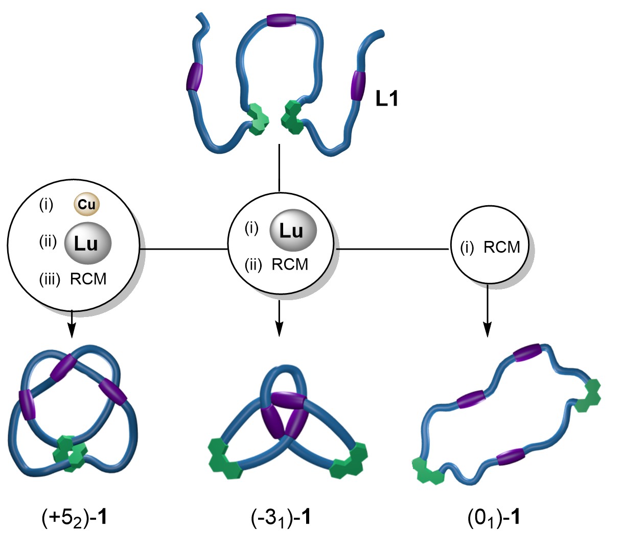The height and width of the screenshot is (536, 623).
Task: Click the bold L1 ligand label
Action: [x=386, y=99]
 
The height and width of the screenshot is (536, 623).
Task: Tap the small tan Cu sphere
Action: [x=86, y=205]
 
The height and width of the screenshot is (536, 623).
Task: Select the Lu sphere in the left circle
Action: [x=87, y=243]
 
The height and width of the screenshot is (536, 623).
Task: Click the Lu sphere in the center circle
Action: [x=293, y=231]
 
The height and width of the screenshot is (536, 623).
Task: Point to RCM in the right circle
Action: [x=501, y=247]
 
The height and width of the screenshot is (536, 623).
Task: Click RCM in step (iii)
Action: [x=88, y=279]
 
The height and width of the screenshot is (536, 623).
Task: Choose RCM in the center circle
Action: [x=290, y=264]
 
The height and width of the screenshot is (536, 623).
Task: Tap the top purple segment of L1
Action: [x=281, y=21]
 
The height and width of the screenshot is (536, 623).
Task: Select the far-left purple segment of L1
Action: [x=195, y=77]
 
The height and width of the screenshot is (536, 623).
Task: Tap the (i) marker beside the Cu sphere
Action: [x=46, y=205]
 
